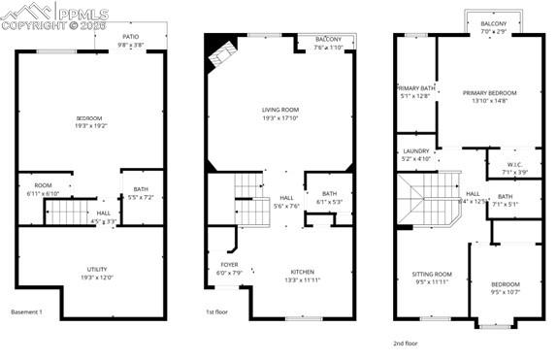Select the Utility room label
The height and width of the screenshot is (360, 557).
(96, 269)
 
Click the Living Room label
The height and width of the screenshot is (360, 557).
(279, 110)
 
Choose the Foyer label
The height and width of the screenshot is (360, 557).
(228, 264)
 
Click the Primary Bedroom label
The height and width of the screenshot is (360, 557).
(489, 93)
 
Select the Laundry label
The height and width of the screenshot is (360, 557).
(415, 152)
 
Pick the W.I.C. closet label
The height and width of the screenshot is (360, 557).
(514, 164)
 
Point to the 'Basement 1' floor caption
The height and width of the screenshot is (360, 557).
(26, 312)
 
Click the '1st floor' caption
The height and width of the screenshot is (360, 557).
(216, 312)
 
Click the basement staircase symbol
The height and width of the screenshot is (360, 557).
(69, 211)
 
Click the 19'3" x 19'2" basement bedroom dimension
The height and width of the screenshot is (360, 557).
(88, 126)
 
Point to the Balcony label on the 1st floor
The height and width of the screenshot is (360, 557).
(327, 40)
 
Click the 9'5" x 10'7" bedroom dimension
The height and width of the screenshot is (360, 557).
(505, 290)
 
